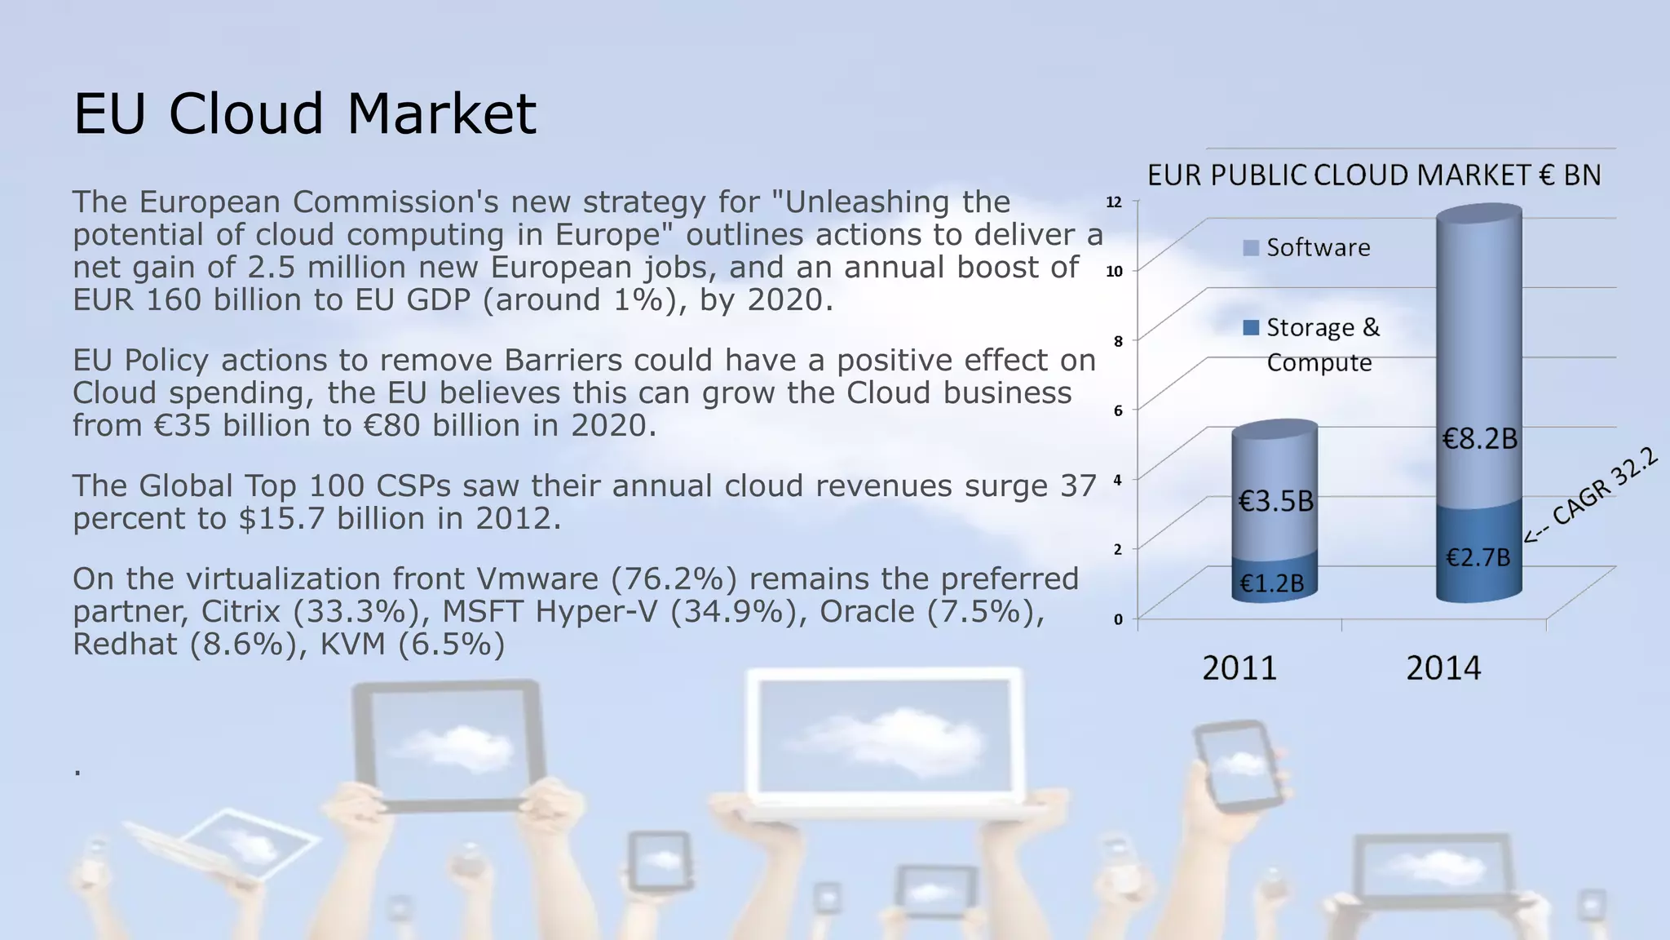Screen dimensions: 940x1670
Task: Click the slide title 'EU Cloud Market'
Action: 305,113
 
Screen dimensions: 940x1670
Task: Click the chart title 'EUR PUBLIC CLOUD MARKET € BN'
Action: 1374,175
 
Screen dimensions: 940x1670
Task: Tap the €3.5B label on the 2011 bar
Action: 1275,501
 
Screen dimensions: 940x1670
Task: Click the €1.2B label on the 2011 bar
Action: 1271,583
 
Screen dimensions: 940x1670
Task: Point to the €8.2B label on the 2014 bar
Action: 1479,440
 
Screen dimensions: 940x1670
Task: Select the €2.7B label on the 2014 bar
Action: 1478,558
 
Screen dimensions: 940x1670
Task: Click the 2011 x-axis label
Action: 1239,668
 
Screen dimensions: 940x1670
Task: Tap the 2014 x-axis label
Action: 1442,668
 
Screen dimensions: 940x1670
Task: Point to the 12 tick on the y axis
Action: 1114,202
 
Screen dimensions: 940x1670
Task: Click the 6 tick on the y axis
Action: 1118,410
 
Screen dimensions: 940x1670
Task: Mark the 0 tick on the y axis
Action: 1118,619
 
